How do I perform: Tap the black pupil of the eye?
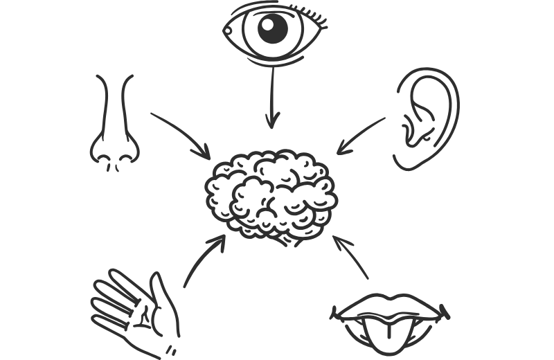273,28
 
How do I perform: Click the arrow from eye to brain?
272,97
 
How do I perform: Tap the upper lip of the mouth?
392,305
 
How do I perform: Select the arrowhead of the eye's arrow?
272,121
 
